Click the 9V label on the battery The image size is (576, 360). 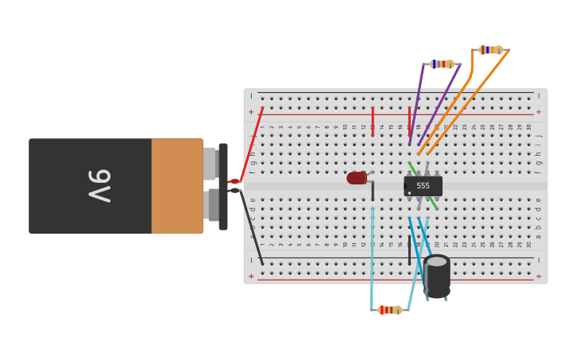pos(99,186)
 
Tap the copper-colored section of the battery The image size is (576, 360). pos(176,186)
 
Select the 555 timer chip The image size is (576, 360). pos(423,186)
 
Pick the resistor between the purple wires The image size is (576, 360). pos(441,64)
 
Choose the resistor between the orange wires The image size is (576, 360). pos(490,50)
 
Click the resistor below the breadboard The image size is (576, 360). pos(389,310)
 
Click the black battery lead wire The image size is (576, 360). pos(253,230)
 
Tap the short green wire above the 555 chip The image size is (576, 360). pos(412,168)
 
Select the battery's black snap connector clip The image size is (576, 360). pos(223,186)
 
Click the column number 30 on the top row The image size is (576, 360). pos(529,127)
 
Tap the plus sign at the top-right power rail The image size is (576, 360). pos(539,112)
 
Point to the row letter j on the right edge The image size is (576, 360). pos(539,136)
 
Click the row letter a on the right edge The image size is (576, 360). pos(539,236)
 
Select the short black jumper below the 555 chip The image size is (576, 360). pos(409,250)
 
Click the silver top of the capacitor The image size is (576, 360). pos(437,261)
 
